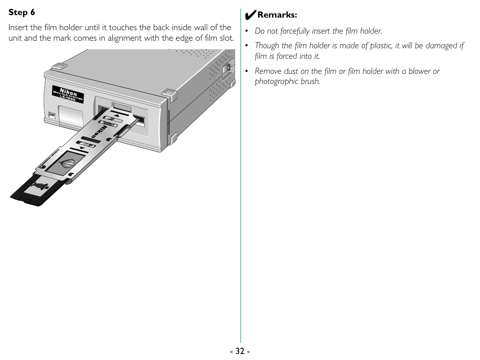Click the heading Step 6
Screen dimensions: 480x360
(22, 12)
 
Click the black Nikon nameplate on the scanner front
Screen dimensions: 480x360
(68, 94)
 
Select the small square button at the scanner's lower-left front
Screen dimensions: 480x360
(52, 115)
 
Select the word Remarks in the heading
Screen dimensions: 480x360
(277, 15)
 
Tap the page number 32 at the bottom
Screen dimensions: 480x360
(241, 351)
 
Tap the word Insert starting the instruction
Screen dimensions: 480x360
(18, 27)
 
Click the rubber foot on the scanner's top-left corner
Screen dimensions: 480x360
(59, 66)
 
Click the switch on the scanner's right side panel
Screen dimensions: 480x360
(227, 67)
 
